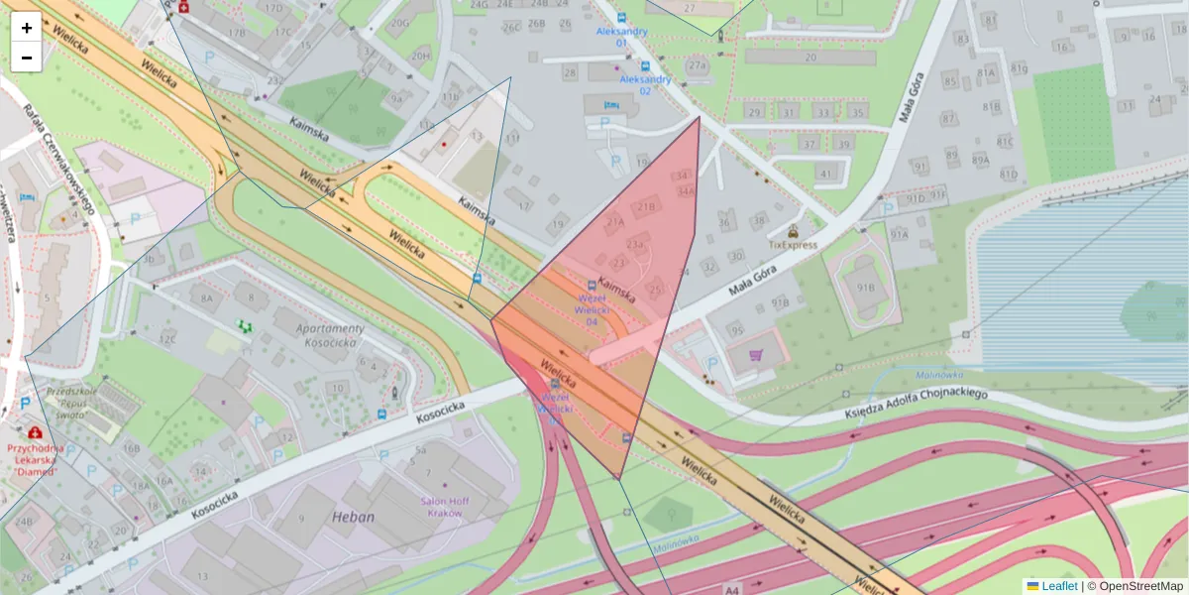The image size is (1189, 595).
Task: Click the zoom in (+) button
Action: [x=27, y=28]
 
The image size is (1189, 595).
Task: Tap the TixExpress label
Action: [x=793, y=244]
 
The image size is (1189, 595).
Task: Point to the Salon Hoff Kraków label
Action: [x=445, y=507]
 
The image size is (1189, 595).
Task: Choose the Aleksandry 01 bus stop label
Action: [x=622, y=37]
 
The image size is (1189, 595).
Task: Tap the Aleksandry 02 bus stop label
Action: [x=645, y=85]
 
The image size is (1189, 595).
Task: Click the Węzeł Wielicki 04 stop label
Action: [x=592, y=308]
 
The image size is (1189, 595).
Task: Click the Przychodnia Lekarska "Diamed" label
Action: [x=35, y=459]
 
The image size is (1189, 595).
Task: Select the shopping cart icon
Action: [x=757, y=354]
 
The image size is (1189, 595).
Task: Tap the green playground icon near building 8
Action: [x=244, y=325]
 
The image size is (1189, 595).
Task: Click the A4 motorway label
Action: [x=732, y=588]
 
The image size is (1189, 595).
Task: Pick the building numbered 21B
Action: [x=646, y=206]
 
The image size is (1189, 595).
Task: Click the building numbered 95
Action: [x=735, y=330]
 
